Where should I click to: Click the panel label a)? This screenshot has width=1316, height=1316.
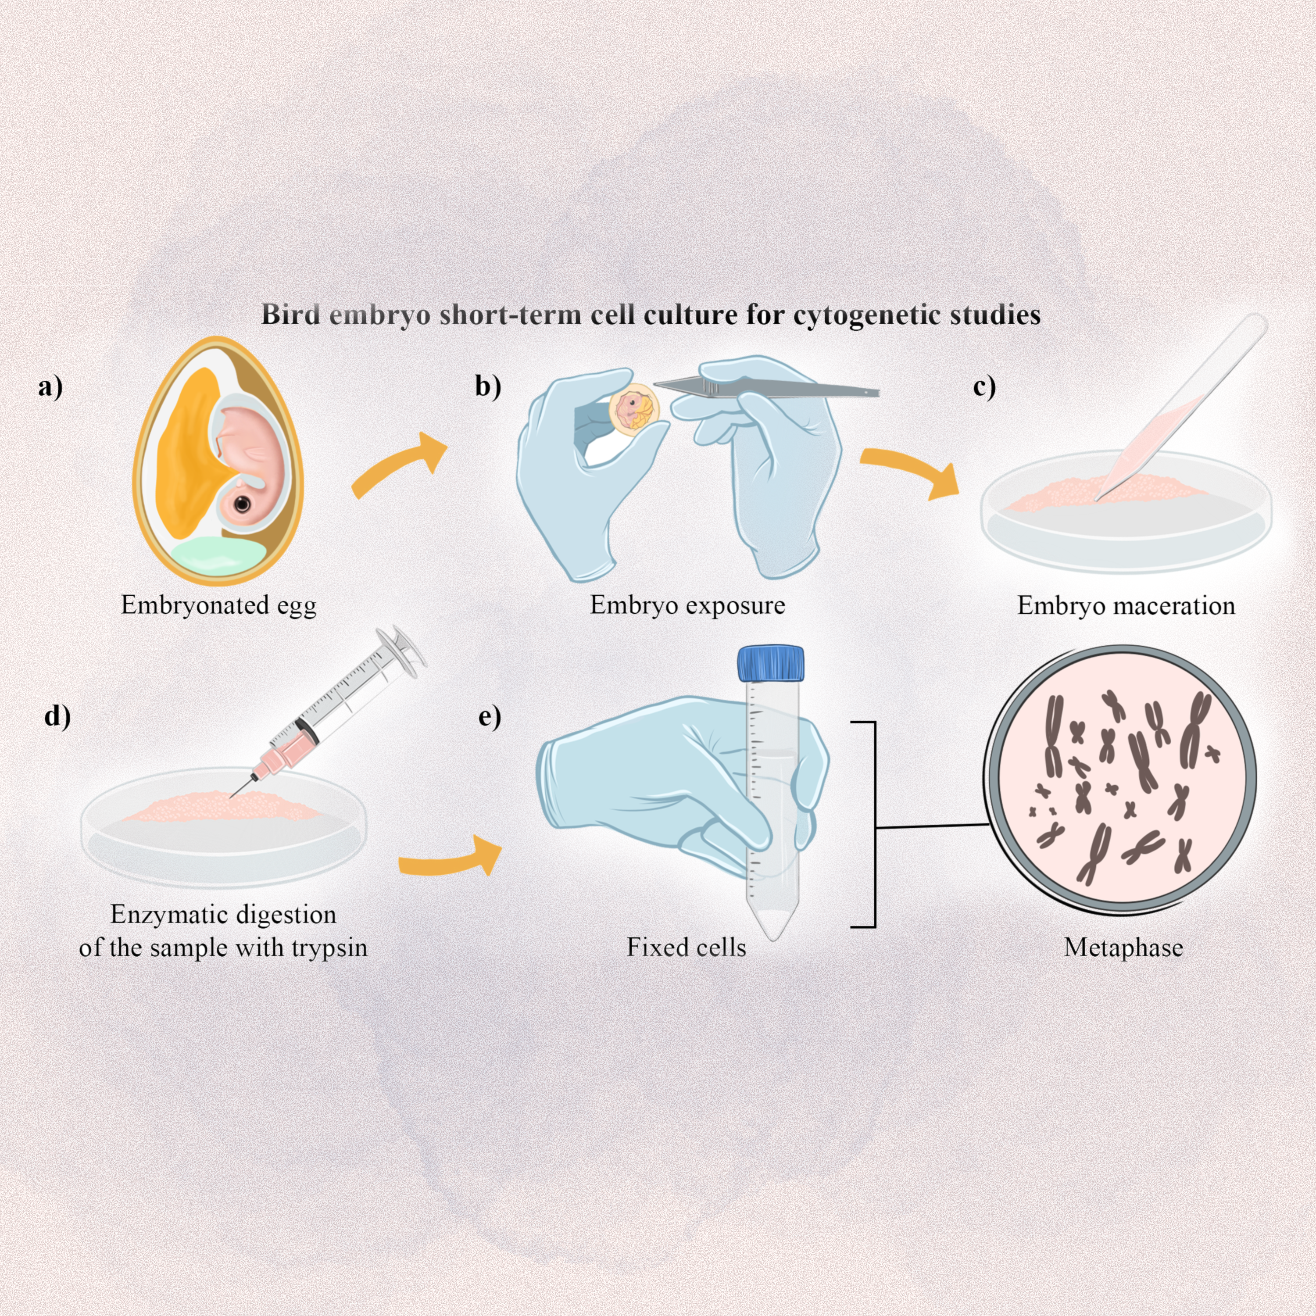coord(50,387)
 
